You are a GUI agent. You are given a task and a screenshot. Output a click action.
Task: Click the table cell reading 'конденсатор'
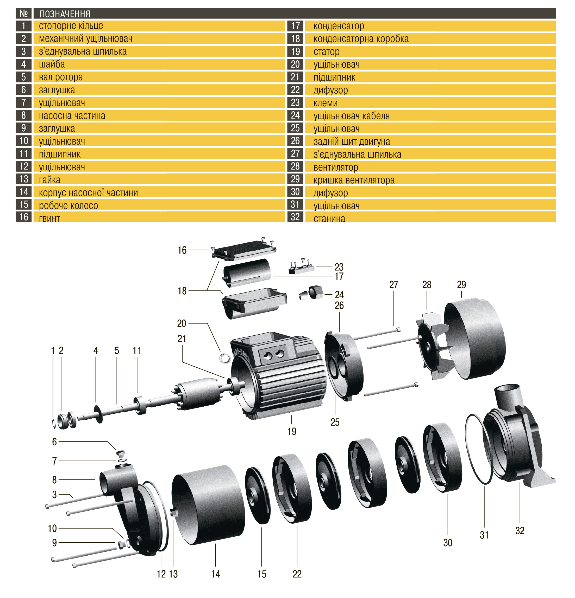click(x=339, y=26)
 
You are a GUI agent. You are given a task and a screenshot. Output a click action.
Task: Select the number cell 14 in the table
click(x=23, y=192)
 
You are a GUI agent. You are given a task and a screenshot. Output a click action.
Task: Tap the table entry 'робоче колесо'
click(x=68, y=205)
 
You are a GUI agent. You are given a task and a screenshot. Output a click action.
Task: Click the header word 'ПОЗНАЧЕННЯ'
click(x=65, y=14)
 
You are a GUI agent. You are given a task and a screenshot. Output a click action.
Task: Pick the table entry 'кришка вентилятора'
click(x=354, y=180)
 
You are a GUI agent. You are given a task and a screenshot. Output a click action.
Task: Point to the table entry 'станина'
click(x=329, y=218)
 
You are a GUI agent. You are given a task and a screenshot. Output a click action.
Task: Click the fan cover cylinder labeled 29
click(x=475, y=339)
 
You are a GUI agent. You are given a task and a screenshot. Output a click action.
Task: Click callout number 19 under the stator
click(x=291, y=431)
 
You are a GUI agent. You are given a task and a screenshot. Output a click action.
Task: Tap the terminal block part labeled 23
click(x=302, y=268)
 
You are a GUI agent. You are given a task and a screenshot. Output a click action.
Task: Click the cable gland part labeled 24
click(x=312, y=293)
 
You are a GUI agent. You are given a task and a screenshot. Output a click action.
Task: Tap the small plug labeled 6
click(x=121, y=452)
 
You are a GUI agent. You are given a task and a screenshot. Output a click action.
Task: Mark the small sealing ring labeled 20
click(x=224, y=358)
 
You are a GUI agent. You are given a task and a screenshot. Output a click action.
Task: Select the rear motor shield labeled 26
click(x=344, y=366)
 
